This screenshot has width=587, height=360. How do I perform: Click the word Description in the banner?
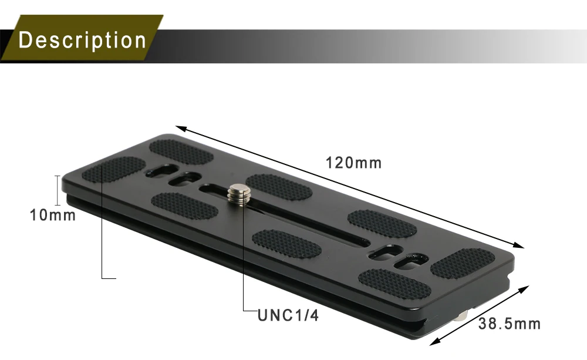point(82,40)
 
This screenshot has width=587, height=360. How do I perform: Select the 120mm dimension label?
point(354,163)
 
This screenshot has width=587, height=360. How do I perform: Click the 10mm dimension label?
point(53,216)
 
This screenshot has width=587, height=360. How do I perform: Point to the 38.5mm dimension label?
point(509,324)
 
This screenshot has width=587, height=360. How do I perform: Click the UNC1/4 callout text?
point(288,316)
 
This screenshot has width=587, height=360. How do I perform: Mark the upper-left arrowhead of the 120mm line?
point(179,128)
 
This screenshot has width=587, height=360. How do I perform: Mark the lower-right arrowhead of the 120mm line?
point(519,247)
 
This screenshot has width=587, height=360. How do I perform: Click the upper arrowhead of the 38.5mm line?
point(526,289)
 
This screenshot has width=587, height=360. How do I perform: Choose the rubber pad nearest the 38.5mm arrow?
point(463,263)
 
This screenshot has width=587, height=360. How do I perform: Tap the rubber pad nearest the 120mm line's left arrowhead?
point(180,151)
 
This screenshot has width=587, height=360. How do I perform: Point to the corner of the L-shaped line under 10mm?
point(102,277)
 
